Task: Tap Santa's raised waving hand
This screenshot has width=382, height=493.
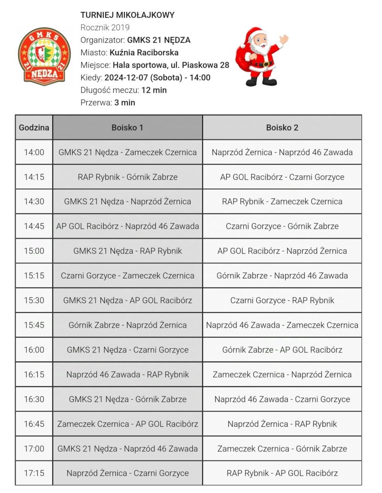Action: tap(283, 40)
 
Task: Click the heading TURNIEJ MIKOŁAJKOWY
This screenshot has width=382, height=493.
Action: tap(127, 15)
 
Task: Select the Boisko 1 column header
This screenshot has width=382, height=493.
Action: tap(127, 127)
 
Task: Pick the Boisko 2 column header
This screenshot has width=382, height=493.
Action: tap(282, 127)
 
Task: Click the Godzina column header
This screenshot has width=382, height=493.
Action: tap(34, 127)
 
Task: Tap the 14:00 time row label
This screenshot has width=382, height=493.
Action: tap(34, 152)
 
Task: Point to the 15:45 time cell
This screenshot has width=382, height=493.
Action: tap(34, 325)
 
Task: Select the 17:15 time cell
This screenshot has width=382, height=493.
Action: tap(34, 473)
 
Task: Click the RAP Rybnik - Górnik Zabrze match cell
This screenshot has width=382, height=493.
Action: tap(127, 177)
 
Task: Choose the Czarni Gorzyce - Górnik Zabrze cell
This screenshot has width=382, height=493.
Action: tap(282, 226)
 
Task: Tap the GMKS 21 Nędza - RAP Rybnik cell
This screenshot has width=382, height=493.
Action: tap(127, 251)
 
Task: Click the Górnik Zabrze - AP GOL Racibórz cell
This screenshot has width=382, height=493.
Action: tap(282, 350)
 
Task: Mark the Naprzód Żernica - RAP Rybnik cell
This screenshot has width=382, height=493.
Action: tap(282, 424)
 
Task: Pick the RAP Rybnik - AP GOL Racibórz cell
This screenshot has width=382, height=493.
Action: tap(282, 473)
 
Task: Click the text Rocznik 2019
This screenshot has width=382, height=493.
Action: tap(105, 28)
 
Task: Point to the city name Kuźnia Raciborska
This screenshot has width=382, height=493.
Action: tap(144, 53)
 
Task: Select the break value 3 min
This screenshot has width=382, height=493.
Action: tap(124, 103)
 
